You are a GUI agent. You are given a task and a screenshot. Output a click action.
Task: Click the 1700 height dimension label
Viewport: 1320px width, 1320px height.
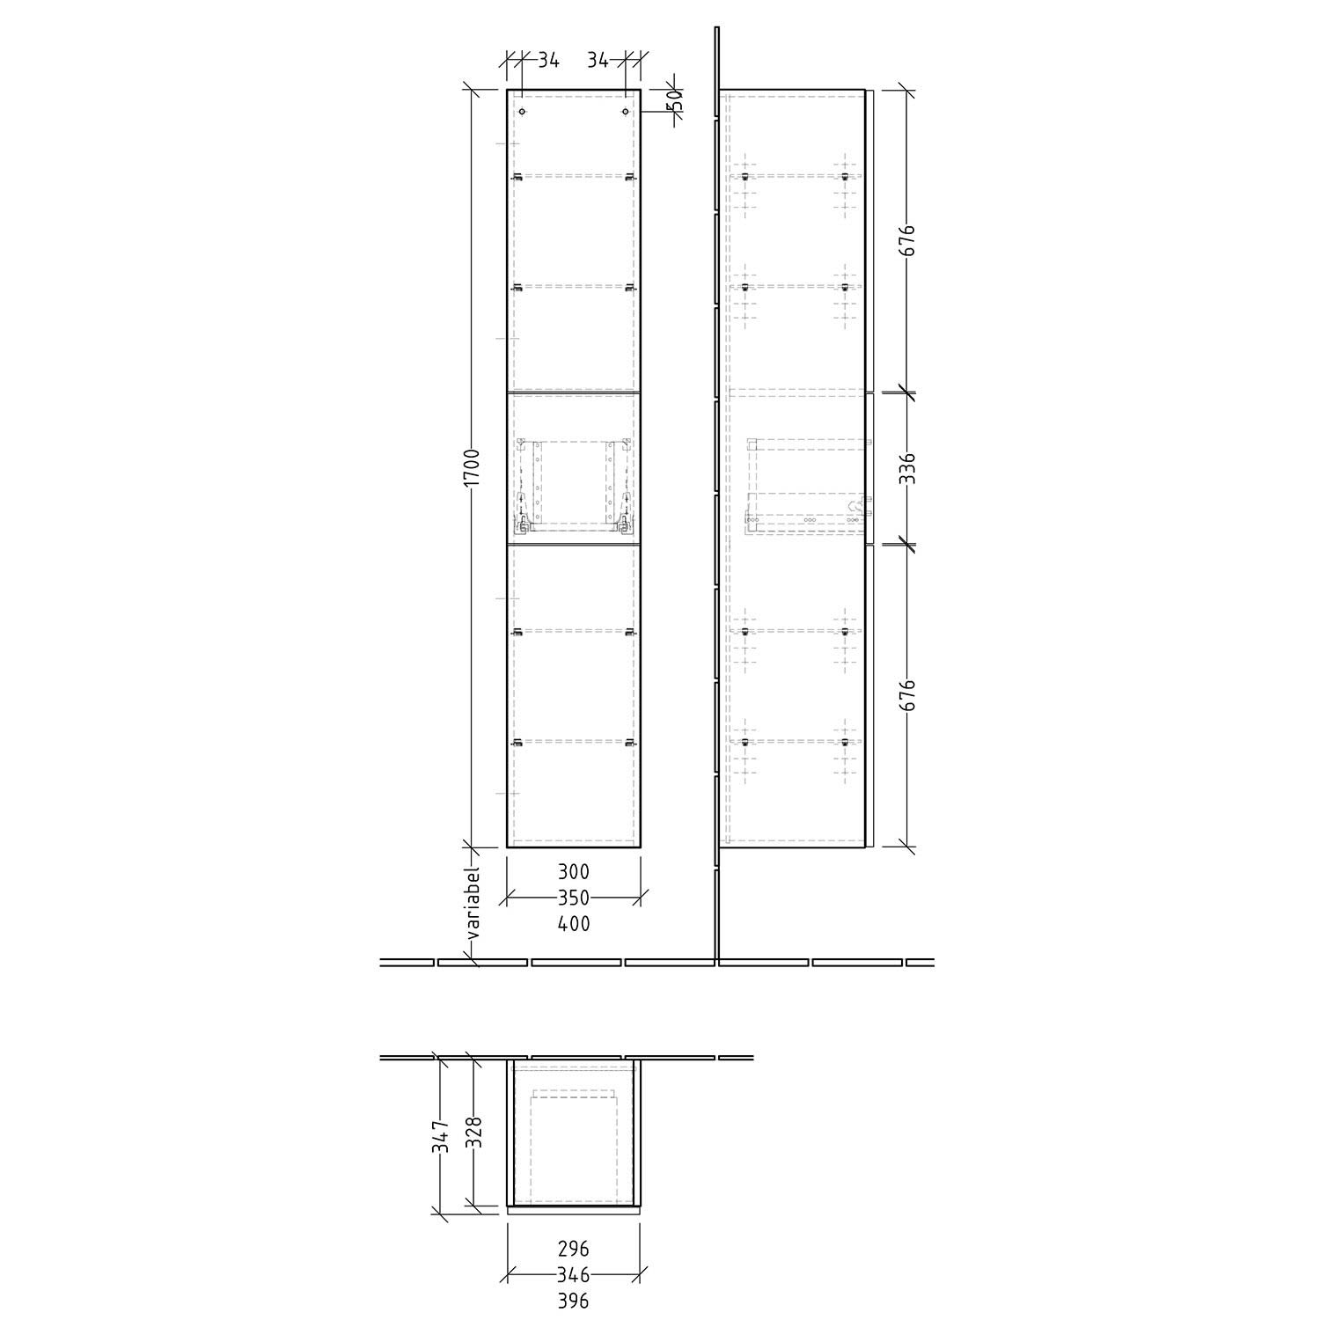tap(472, 468)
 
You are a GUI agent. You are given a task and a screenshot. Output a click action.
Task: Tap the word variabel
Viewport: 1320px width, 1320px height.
tap(473, 904)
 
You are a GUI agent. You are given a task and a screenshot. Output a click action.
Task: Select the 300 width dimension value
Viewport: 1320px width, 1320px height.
tap(574, 872)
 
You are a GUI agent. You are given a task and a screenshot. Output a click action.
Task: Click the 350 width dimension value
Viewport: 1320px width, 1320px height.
tap(574, 898)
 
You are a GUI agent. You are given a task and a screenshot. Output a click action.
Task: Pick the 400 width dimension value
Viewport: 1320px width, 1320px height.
tap(574, 924)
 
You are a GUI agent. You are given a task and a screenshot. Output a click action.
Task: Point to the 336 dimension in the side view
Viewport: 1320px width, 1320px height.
tap(907, 469)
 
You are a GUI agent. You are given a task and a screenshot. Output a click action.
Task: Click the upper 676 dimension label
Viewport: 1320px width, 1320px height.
tap(907, 241)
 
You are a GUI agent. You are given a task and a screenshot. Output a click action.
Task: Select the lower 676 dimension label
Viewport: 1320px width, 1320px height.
tap(907, 695)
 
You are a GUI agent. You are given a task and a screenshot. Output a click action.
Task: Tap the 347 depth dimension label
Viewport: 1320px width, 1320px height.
tap(443, 1136)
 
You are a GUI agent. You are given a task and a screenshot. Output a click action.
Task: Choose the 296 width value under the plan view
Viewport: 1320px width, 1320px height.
tap(574, 1249)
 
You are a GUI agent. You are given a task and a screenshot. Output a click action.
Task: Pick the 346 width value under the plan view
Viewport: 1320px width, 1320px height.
tap(574, 1274)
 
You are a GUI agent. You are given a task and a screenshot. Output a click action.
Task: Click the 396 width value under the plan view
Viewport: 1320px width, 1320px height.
tap(574, 1301)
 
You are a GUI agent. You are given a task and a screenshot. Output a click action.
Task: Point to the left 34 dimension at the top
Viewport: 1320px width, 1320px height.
tap(548, 60)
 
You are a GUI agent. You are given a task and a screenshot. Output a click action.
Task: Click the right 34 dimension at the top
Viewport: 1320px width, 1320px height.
tap(598, 60)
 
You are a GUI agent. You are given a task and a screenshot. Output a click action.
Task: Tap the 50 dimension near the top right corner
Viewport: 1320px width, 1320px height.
tap(675, 100)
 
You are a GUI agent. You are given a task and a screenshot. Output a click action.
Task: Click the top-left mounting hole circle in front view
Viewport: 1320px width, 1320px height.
tap(522, 113)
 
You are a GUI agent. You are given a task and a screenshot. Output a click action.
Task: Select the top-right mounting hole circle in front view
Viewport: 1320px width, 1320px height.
tap(625, 113)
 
